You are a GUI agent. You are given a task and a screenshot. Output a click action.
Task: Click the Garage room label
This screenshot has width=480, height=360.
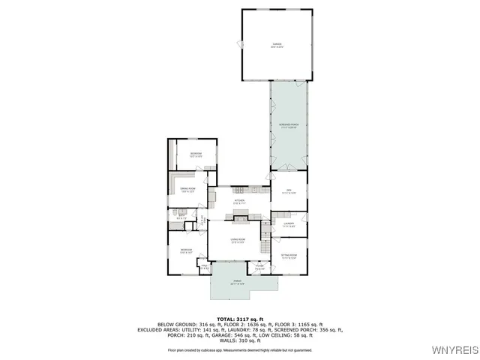tap(277, 46)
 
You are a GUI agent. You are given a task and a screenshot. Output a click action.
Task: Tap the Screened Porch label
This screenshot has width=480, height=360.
tap(289, 125)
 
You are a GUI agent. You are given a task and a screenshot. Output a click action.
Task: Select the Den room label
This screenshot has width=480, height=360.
tap(288, 192)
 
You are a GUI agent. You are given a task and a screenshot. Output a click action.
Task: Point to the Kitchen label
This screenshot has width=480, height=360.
tap(239, 201)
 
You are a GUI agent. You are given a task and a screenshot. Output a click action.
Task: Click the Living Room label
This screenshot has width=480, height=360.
tap(238, 241)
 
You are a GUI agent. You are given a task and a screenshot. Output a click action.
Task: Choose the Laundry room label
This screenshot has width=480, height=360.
tap(288, 223)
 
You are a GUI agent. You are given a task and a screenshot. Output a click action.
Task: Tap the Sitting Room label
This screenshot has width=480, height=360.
tap(289, 256)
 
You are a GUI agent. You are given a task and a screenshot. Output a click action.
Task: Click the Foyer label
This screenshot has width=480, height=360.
tap(259, 267)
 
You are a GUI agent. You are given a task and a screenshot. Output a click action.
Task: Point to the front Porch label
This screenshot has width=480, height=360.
tap(238, 283)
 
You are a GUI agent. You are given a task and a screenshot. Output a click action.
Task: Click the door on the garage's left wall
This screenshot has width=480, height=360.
tap(242, 45)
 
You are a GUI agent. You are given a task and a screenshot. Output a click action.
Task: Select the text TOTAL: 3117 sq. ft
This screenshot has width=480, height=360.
tap(239, 319)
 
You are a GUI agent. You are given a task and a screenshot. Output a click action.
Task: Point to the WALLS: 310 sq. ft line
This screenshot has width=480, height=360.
tap(239, 340)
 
